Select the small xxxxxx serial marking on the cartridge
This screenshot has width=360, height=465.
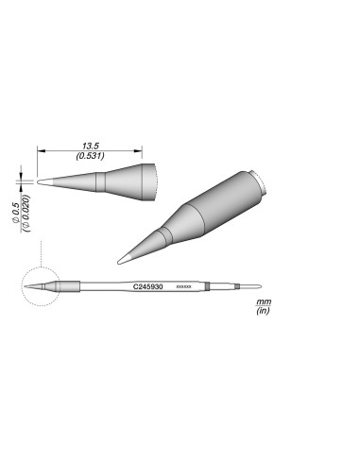(x=184, y=286)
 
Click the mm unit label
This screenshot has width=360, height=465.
(x=260, y=301)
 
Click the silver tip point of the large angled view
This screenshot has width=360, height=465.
(x=118, y=262)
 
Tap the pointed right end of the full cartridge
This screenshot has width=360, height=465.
(x=259, y=286)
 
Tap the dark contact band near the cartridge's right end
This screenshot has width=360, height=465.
(x=232, y=286)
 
